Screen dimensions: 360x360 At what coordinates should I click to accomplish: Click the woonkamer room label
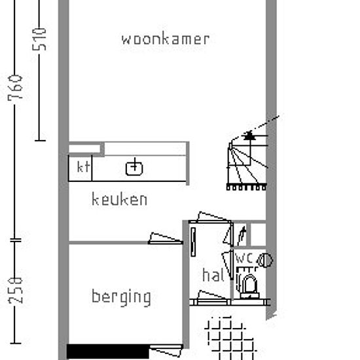point(166,39)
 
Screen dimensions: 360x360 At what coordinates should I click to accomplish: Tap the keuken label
point(119,199)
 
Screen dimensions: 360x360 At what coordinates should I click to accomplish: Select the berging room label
point(121,298)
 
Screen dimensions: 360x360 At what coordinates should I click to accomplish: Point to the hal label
point(213,275)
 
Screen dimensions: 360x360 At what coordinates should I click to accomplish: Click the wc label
point(244,258)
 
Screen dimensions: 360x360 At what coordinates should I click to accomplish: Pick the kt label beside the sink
point(83,167)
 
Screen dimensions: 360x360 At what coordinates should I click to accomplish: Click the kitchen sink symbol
point(134,168)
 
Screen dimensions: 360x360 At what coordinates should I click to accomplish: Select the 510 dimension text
point(39,39)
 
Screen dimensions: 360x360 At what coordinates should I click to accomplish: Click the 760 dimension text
point(15,88)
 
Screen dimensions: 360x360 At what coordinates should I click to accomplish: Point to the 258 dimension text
point(16,291)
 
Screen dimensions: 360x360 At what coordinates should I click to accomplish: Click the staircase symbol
point(247,161)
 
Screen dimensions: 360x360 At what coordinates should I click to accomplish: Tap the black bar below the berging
point(108,351)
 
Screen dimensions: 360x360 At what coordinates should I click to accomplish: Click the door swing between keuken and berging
point(166,239)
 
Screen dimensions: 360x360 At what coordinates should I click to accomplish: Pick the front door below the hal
point(212,298)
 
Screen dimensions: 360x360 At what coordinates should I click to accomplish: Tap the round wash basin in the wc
point(265,261)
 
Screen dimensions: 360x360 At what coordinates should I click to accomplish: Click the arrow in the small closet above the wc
point(242,236)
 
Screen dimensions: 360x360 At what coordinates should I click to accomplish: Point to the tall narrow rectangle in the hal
point(193,242)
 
